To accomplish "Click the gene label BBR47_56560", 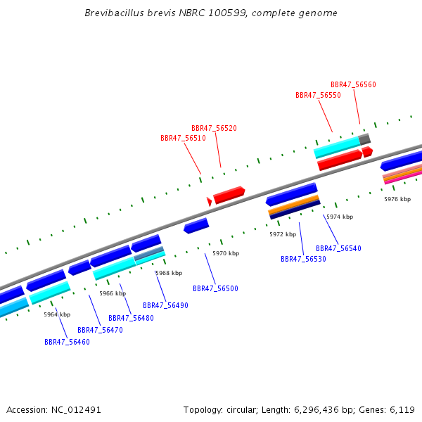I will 353,84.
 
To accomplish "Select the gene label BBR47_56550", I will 318,95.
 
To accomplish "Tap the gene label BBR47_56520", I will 214,128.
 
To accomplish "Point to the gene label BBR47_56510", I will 183,139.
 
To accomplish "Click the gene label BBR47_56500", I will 215,288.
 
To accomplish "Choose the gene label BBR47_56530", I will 303,259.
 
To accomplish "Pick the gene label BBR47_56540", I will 338,248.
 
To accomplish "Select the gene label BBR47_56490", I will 165,305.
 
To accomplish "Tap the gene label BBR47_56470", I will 100,330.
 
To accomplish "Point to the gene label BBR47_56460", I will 67,342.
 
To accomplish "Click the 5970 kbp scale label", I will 226,253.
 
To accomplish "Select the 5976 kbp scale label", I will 397,199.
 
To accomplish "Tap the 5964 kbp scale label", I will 57,314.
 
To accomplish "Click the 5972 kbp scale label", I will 283,234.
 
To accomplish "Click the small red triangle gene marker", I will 209,202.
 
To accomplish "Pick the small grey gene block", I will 364,139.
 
